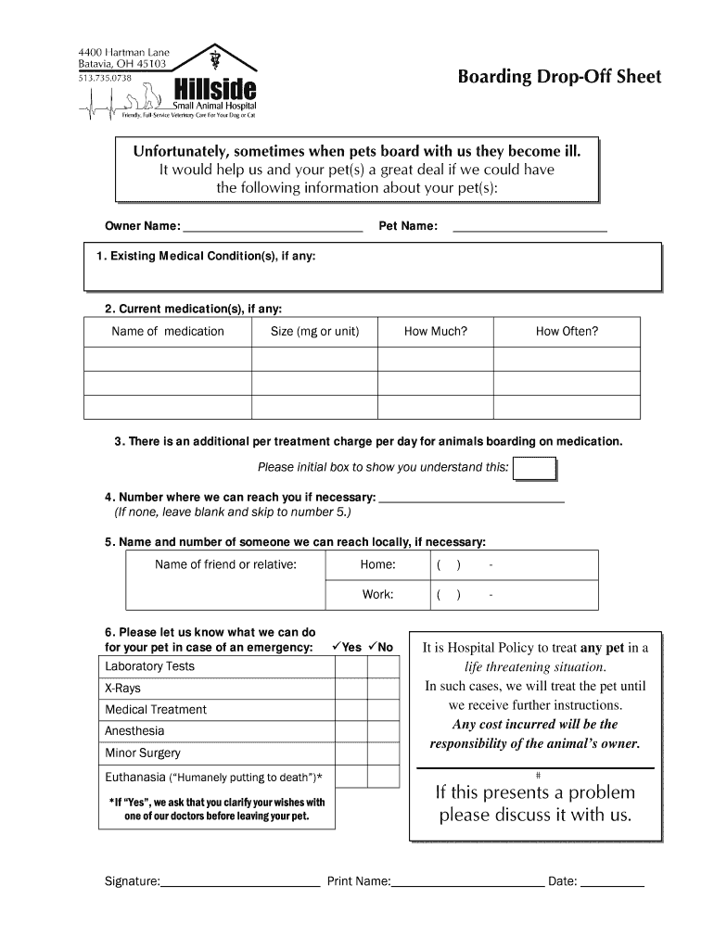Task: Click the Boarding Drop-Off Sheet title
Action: click(x=559, y=77)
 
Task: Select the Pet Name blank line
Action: click(x=529, y=225)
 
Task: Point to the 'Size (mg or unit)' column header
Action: click(x=314, y=332)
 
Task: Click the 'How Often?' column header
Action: click(x=567, y=332)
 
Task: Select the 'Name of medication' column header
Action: click(x=168, y=332)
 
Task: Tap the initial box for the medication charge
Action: click(x=534, y=469)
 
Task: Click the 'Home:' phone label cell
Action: click(x=377, y=565)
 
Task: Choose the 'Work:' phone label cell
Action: click(x=377, y=595)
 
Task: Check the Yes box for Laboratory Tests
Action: click(x=351, y=667)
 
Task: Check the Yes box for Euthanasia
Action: click(x=351, y=777)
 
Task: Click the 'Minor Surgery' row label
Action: click(x=143, y=753)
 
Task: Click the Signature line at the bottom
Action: click(x=240, y=882)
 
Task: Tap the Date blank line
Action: click(x=612, y=882)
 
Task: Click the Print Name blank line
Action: click(x=468, y=882)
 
